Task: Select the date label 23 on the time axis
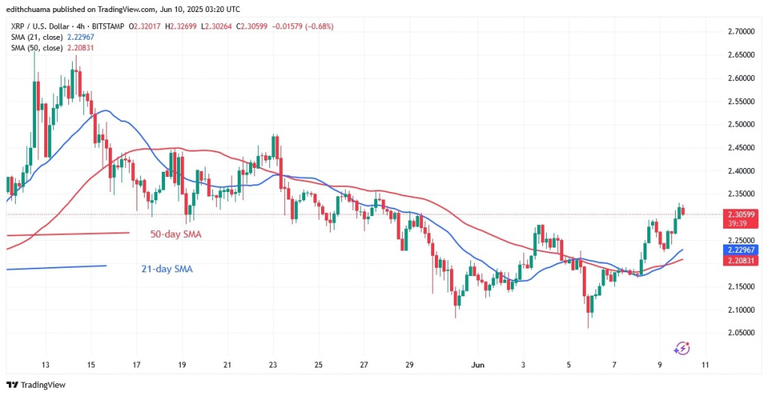coord(274,365)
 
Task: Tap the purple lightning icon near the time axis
coord(682,348)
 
